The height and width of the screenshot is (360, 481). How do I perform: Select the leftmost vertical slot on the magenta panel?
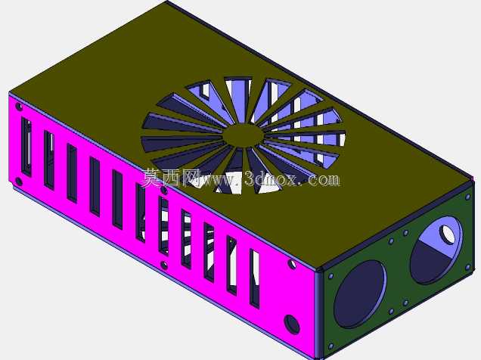coord(26,147)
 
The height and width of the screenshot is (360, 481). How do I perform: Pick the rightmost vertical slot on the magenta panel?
coord(255,279)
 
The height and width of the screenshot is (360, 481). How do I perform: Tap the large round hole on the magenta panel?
coord(291,324)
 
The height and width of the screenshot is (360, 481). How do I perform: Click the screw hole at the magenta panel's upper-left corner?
coord(19,107)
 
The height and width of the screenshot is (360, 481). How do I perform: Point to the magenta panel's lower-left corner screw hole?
coord(19,182)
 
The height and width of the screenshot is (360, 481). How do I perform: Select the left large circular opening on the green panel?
coord(360,294)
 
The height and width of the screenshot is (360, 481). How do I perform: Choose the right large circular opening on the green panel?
coord(436,250)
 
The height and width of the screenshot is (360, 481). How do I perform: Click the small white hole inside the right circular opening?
coord(448,234)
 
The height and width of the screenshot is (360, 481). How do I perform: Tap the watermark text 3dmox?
coord(271,179)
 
